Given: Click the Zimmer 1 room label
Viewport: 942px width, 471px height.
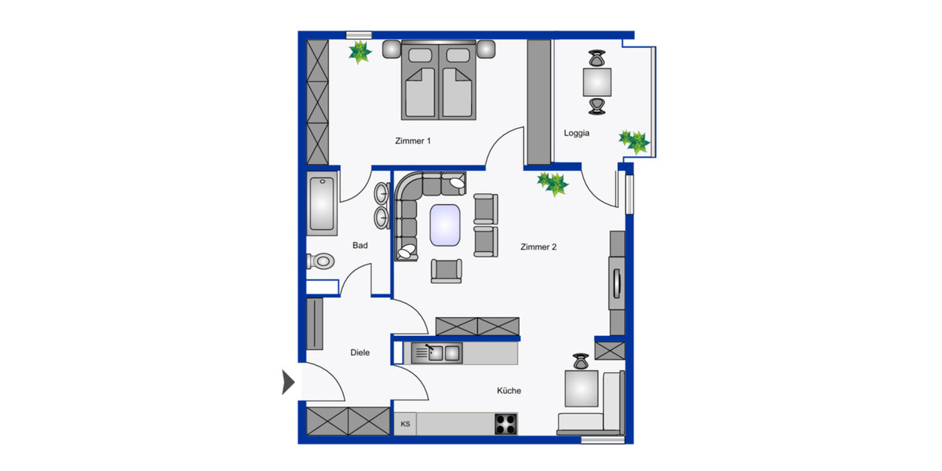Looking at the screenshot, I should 412,141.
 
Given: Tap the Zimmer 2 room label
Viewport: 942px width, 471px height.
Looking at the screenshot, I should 538,247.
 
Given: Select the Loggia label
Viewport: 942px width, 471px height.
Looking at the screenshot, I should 576,133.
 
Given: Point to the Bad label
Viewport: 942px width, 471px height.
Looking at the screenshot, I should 360,246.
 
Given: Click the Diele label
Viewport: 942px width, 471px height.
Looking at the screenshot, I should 360,353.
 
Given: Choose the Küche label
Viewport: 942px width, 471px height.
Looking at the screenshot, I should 509,391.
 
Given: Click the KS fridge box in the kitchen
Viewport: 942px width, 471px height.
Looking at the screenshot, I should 405,425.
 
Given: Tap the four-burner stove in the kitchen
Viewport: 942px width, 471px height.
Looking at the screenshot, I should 506,424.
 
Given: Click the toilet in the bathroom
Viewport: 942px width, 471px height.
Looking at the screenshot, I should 321,261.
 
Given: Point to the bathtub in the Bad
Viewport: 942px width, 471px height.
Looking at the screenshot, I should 322,206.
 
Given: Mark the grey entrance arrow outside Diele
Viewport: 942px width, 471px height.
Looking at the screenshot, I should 288,382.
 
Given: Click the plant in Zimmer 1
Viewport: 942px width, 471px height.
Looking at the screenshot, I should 360,53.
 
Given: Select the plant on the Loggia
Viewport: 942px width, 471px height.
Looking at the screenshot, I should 633,141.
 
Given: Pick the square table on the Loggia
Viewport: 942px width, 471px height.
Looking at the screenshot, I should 597,81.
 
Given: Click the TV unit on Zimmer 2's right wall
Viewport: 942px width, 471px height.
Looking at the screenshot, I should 617,283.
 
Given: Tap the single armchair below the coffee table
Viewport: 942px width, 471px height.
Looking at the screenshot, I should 446,270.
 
